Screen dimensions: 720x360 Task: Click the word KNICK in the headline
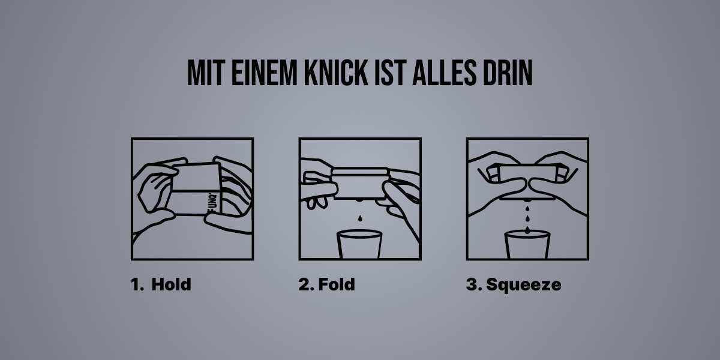click(336, 73)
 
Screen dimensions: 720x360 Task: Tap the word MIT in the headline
click(205, 73)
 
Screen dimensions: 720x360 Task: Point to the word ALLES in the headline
click(444, 73)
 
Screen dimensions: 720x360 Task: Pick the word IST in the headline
click(390, 73)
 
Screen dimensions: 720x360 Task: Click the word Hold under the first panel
click(172, 284)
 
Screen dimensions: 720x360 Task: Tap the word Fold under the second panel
click(337, 284)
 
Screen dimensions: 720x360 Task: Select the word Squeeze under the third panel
click(524, 285)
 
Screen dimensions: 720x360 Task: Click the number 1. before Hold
click(137, 284)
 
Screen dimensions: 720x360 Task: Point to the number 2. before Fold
click(307, 284)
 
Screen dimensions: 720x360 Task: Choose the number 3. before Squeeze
click(474, 284)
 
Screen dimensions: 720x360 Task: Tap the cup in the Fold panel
click(359, 244)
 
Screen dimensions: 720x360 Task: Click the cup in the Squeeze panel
click(527, 244)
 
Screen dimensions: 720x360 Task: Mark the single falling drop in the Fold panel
click(359, 218)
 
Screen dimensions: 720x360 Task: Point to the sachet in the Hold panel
click(194, 189)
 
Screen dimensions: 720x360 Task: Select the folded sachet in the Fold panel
click(360, 183)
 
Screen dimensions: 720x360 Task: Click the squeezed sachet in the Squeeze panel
click(527, 182)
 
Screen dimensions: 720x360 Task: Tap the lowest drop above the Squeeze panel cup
click(527, 230)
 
